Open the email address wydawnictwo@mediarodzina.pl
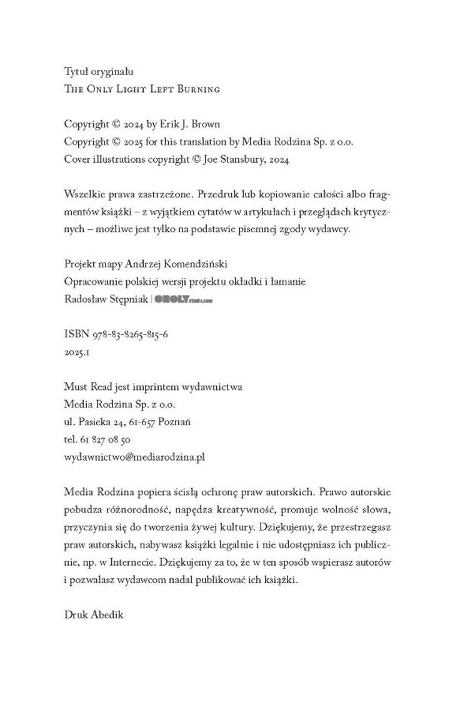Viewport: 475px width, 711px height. point(135,457)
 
